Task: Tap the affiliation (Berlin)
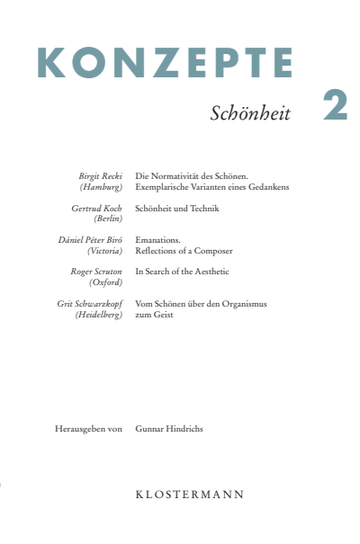click(108, 218)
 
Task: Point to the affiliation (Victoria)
click(104, 252)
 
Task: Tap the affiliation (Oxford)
click(105, 282)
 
